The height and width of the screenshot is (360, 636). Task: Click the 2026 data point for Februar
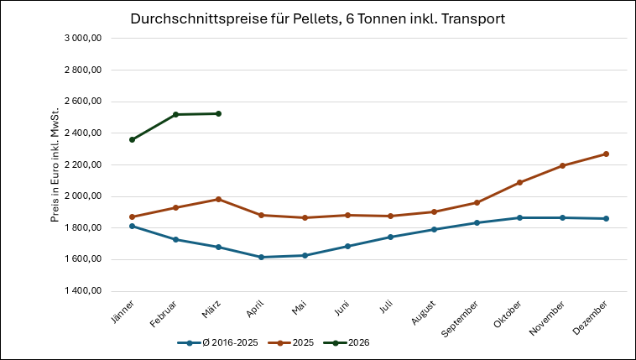[175, 114]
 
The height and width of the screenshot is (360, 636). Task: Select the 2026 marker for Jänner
[133, 139]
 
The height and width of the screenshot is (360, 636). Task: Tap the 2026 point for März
[218, 113]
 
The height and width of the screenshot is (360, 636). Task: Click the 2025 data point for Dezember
[605, 154]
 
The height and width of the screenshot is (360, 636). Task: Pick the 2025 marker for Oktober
[519, 182]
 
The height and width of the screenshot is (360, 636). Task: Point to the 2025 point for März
[218, 199]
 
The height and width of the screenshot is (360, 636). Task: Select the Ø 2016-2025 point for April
[261, 257]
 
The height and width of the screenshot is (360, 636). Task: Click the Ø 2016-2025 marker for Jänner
[133, 226]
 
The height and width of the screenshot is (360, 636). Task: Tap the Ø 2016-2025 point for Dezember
[605, 218]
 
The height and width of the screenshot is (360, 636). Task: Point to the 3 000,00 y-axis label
[83, 39]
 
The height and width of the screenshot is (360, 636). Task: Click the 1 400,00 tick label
[83, 290]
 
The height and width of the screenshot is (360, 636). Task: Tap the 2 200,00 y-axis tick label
[83, 164]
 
